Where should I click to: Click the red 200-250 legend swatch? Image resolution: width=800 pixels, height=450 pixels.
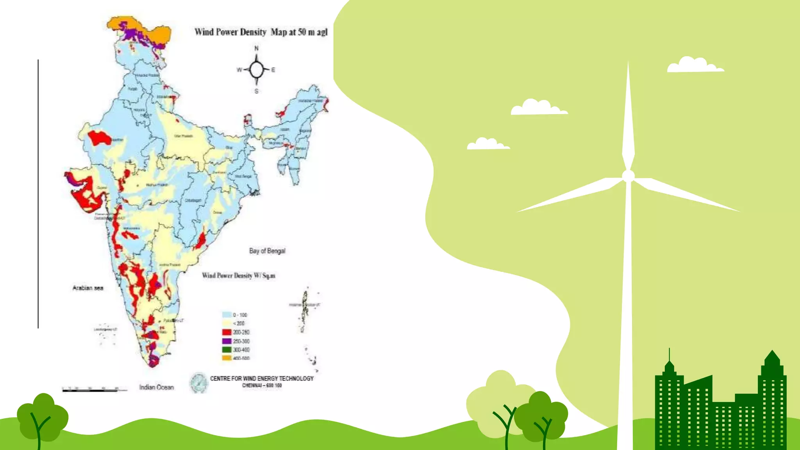227,332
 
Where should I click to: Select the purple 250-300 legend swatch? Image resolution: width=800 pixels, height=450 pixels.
227,341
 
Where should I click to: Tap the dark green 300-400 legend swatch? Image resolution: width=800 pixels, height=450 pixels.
227,350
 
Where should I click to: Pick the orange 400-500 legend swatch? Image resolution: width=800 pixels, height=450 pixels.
227,358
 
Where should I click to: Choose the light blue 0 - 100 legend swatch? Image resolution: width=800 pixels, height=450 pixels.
227,315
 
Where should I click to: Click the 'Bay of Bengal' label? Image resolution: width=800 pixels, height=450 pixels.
267,251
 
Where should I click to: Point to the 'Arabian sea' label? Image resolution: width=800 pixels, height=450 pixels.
88,288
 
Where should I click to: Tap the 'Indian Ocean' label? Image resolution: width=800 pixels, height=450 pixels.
156,387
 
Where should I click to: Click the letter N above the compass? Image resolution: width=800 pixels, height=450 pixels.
257,48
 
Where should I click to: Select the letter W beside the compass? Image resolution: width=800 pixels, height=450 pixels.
239,70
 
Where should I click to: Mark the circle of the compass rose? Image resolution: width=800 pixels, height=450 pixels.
257,70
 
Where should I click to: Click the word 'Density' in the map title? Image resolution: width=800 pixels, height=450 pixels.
254,32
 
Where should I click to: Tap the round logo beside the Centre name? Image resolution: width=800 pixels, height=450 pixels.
199,382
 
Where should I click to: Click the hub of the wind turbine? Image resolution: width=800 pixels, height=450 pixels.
628,176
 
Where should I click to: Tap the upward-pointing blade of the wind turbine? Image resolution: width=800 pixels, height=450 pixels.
628,117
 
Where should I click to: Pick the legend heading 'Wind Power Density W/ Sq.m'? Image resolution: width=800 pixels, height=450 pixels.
239,275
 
